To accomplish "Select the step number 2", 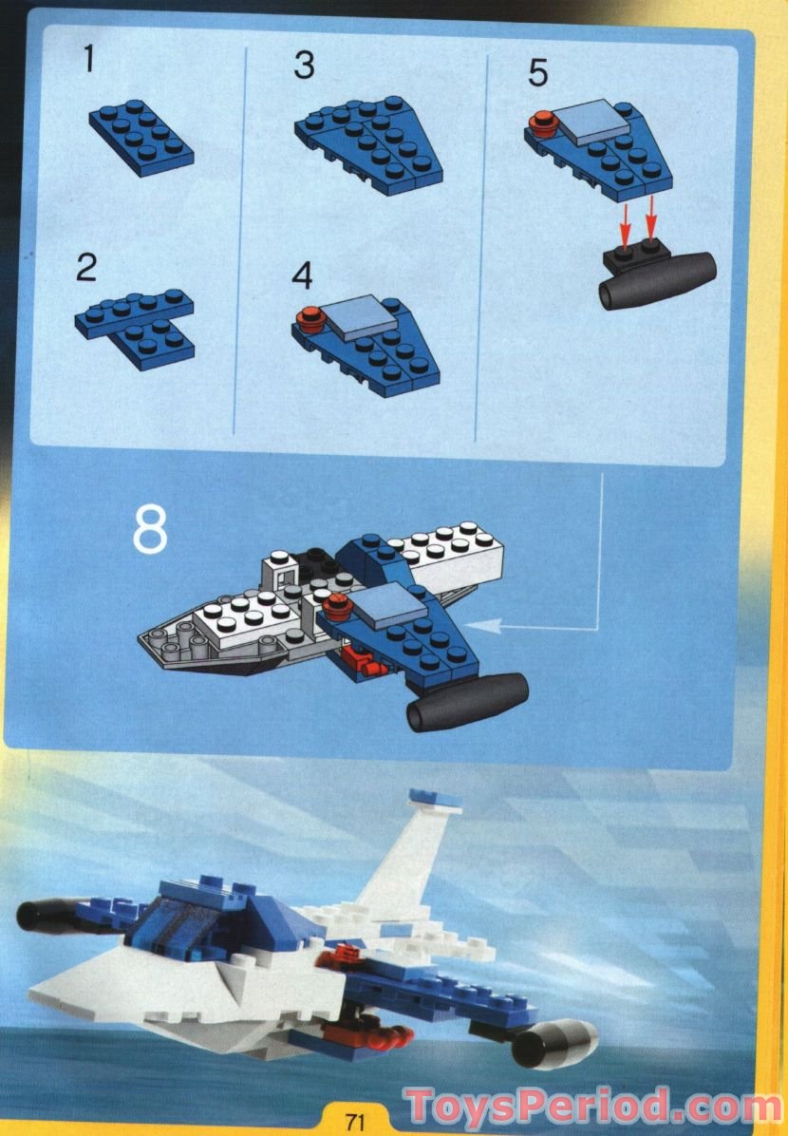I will click(x=87, y=269).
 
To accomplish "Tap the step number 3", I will click(x=304, y=66).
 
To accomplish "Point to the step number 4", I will click(x=303, y=275).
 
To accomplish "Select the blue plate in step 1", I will click(x=141, y=139).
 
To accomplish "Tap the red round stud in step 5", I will click(x=543, y=122).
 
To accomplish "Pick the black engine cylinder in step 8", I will click(x=467, y=701).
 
